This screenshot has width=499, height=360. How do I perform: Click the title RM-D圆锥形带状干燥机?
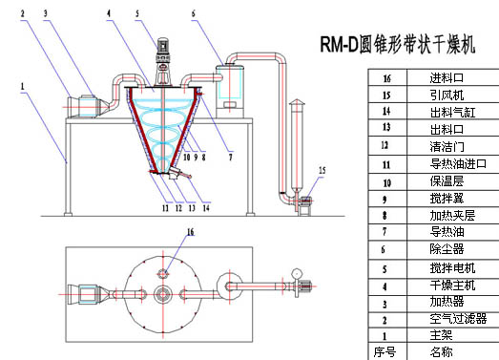(398, 44)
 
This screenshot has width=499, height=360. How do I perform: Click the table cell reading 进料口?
(447, 77)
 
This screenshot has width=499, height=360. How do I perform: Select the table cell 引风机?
(447, 95)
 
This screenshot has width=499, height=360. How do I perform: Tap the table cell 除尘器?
(447, 249)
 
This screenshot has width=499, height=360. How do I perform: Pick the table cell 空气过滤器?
(458, 318)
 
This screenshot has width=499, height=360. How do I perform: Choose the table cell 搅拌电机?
(452, 268)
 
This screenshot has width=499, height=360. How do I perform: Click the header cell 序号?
(385, 352)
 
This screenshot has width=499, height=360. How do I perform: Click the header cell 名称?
(441, 352)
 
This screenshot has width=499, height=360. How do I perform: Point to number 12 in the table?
(385, 145)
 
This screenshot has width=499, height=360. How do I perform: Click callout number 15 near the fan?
(322, 170)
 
